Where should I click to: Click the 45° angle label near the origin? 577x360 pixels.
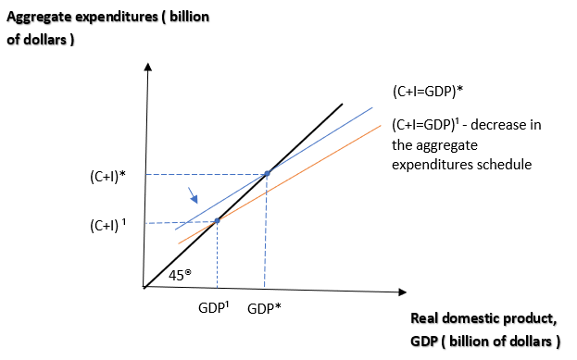coord(182,275)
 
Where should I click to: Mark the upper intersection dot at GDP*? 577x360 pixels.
coord(268,173)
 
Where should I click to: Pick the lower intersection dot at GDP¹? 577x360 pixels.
coord(217,220)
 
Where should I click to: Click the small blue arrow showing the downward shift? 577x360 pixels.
coord(193,195)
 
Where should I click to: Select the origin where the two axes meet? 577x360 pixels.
coord(144,287)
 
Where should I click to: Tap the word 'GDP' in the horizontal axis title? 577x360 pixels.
coord(425,341)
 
